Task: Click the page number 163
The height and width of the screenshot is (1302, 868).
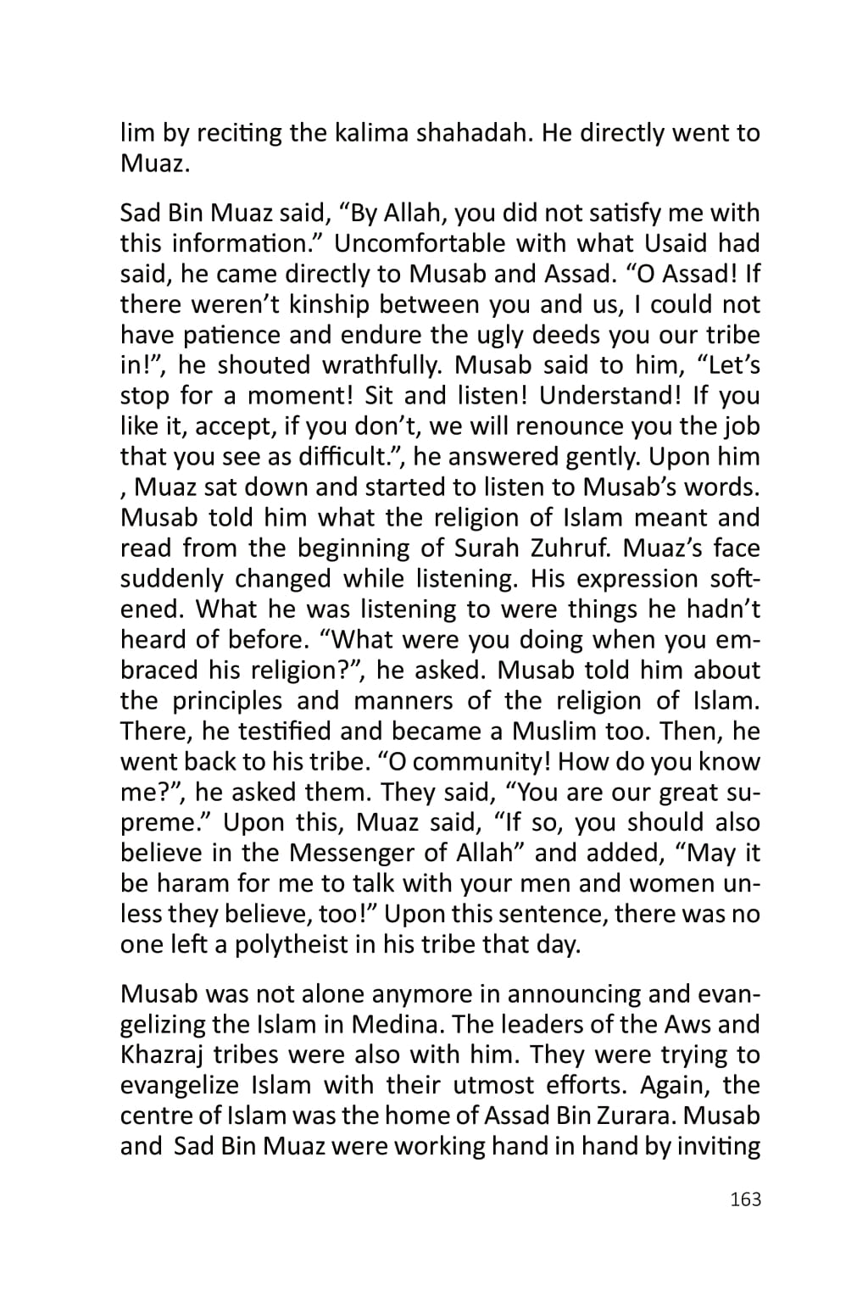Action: pyautogui.click(x=745, y=1199)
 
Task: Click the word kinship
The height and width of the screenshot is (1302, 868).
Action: pyautogui.click(x=326, y=304)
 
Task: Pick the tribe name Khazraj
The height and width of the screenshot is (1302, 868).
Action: pyautogui.click(x=162, y=1055)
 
